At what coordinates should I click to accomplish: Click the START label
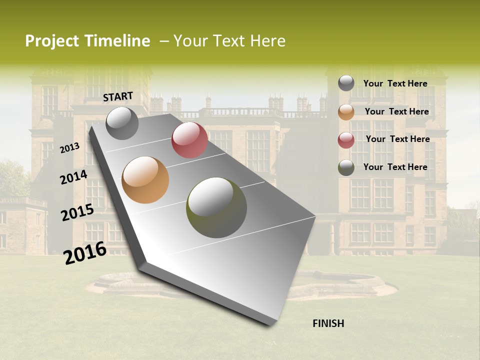[x=118, y=96]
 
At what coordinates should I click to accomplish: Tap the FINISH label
[x=328, y=323]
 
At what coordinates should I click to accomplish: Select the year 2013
[x=70, y=147]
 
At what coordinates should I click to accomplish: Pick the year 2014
[x=74, y=177]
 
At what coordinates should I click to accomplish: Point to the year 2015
[x=77, y=212]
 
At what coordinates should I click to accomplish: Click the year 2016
[x=85, y=253]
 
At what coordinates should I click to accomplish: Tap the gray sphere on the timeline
[x=122, y=123]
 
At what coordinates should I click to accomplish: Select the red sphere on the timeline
[x=189, y=140]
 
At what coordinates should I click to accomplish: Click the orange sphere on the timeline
[x=145, y=180]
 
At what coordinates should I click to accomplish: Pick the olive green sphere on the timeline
[x=216, y=207]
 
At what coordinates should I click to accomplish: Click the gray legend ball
[x=346, y=83]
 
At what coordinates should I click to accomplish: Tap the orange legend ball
[x=346, y=112]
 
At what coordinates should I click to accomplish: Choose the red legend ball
[x=346, y=140]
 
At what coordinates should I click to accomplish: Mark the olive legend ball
[x=346, y=167]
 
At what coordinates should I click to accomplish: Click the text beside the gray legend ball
[x=395, y=83]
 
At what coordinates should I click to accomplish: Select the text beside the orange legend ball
[x=396, y=111]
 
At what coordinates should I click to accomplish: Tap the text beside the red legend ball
[x=397, y=139]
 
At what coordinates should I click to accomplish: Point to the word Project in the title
[x=52, y=41]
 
